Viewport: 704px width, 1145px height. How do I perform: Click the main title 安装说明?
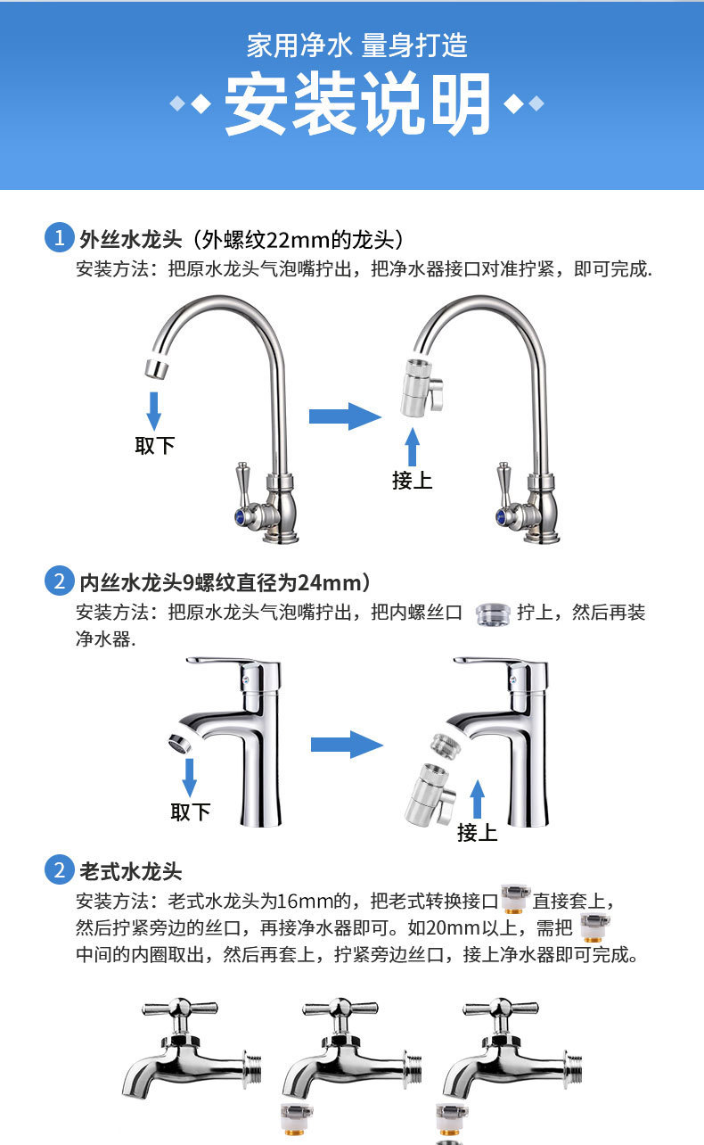click(x=357, y=104)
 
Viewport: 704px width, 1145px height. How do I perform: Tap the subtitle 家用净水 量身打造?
click(x=356, y=45)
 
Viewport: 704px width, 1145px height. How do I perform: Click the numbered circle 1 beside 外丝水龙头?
click(x=59, y=239)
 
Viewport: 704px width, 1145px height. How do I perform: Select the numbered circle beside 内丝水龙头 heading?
click(x=59, y=582)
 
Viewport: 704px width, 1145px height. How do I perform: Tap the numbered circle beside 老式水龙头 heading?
click(x=59, y=869)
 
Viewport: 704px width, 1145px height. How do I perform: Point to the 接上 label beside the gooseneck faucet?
click(x=412, y=480)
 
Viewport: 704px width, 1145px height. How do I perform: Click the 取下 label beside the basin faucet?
click(x=190, y=811)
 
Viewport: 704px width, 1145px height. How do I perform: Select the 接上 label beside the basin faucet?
click(x=477, y=832)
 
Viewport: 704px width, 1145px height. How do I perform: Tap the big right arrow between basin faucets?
click(x=347, y=744)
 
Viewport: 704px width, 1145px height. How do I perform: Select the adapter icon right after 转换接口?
click(x=514, y=898)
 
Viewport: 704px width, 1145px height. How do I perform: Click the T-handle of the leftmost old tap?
click(x=180, y=1010)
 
